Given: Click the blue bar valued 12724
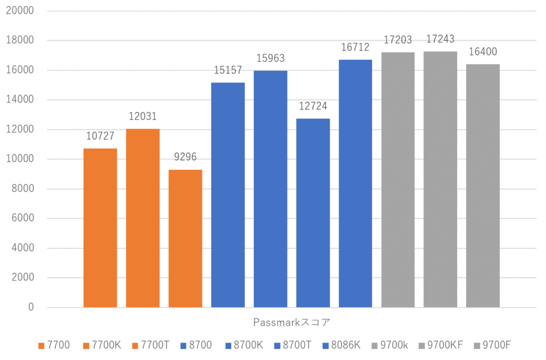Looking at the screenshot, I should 313,213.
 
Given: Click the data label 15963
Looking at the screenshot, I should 270,58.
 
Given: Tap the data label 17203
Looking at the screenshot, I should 398,40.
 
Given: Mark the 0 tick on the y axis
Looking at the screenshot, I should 31,307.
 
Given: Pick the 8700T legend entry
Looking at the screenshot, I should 298,346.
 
